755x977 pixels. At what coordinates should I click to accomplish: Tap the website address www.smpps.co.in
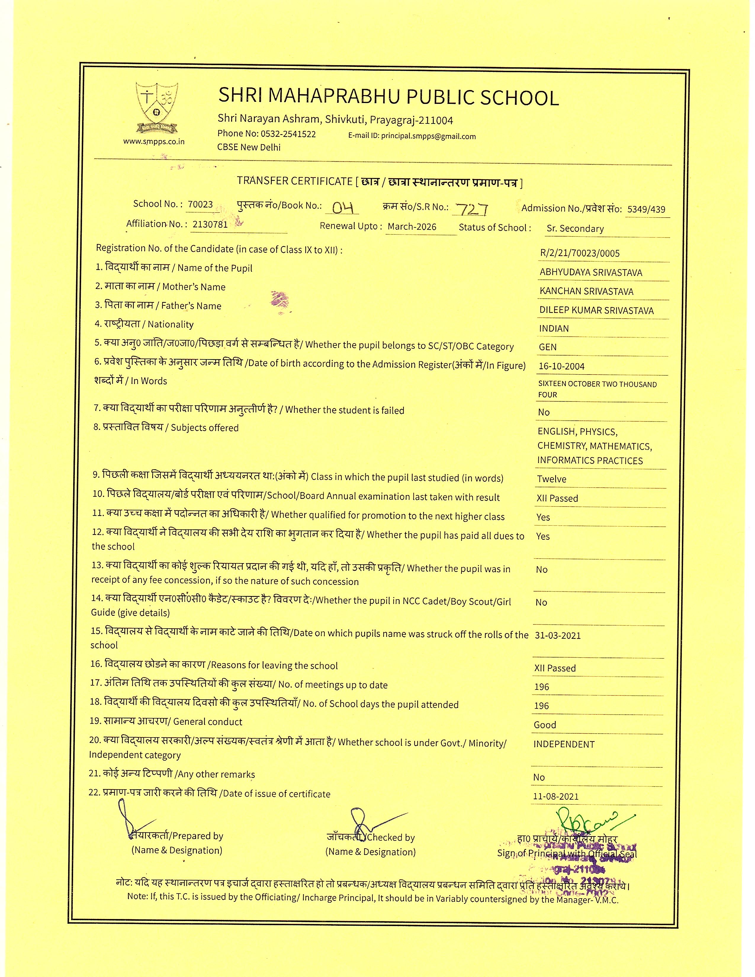154,142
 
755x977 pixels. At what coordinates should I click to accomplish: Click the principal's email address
428,136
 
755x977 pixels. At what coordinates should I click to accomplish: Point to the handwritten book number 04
343,207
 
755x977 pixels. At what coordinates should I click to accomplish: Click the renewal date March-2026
412,226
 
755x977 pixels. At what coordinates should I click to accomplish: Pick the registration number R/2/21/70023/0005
580,253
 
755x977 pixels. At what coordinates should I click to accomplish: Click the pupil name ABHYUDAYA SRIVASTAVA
590,272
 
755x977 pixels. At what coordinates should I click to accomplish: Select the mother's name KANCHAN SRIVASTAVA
586,291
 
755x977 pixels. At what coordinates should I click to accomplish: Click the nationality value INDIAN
554,328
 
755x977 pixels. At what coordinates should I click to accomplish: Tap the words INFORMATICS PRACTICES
590,461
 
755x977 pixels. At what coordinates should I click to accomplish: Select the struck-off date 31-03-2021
558,636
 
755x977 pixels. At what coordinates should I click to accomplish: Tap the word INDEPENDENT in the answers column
563,744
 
